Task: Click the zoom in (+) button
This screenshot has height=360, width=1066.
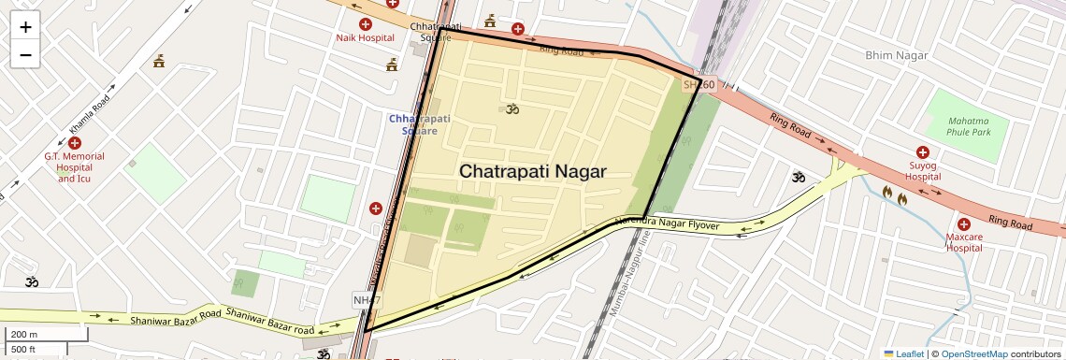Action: click(x=25, y=27)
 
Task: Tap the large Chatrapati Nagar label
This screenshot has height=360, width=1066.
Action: click(x=532, y=172)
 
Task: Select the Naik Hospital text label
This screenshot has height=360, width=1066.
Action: click(x=365, y=38)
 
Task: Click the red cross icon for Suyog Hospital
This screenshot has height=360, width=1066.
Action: click(x=922, y=151)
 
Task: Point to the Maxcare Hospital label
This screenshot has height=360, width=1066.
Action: click(x=963, y=242)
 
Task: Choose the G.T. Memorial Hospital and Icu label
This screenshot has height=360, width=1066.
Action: click(x=75, y=167)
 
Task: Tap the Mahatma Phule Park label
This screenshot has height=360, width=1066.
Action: click(x=968, y=127)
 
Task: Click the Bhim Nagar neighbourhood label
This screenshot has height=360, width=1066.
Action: click(x=897, y=56)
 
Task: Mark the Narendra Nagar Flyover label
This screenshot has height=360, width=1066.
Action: click(x=666, y=224)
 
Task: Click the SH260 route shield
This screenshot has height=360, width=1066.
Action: click(x=699, y=85)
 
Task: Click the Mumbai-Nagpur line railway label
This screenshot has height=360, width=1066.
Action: click(x=628, y=281)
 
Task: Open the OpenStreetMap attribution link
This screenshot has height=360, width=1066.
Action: click(x=973, y=353)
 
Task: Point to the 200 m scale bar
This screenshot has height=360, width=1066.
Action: click(x=47, y=334)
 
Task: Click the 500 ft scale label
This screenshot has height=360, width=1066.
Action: click(x=23, y=350)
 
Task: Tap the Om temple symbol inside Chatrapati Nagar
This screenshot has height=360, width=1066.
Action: click(x=511, y=108)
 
